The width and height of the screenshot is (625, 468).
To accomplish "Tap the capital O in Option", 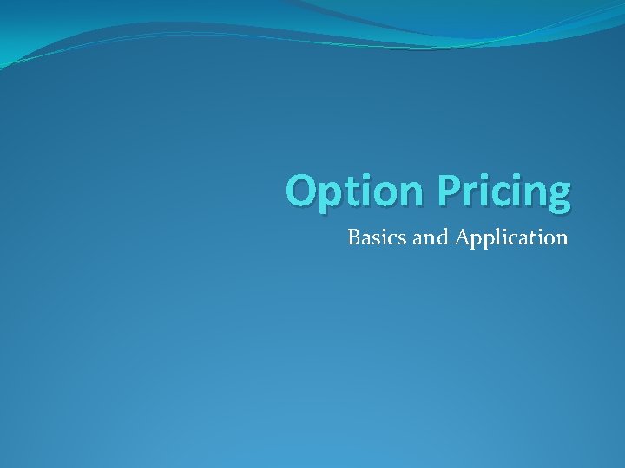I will [303, 190].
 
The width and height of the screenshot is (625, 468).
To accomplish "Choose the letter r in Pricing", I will [469, 193].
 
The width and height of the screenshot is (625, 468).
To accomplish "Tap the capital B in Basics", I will [354, 237].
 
